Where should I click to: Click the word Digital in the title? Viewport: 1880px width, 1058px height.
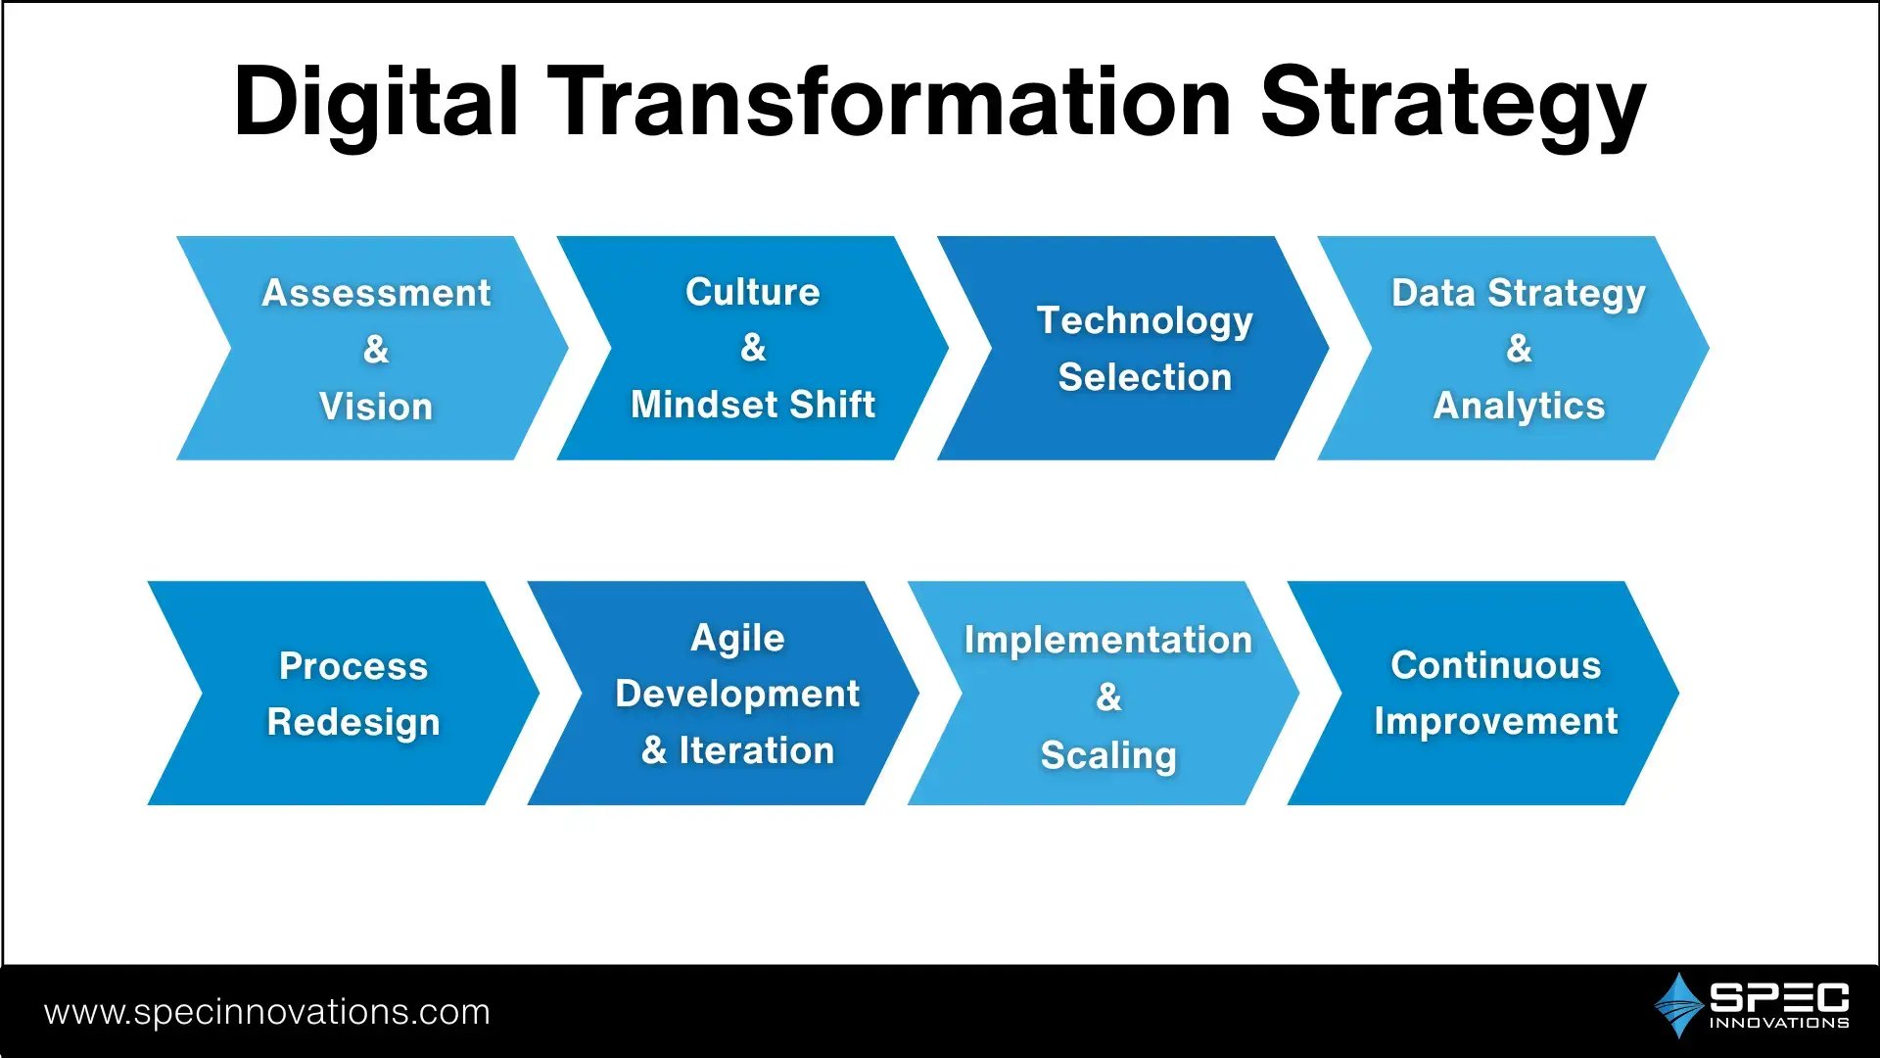376,102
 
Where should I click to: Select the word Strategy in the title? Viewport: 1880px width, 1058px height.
1453,106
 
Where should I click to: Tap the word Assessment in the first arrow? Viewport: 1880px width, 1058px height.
376,293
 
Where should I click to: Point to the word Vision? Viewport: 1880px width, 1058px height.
376,407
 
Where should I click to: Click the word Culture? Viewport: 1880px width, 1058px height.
753,292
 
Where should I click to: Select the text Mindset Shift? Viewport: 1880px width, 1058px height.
753,405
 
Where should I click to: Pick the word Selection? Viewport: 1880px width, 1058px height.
1145,377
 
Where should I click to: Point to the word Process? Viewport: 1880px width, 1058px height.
353,666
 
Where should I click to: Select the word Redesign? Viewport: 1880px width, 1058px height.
353,724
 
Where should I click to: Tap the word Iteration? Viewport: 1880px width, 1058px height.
757,750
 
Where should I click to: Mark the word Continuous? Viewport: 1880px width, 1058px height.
1496,665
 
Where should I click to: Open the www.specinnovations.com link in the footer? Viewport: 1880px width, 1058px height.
267,1013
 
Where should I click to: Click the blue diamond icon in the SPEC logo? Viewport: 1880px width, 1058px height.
1678,1005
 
